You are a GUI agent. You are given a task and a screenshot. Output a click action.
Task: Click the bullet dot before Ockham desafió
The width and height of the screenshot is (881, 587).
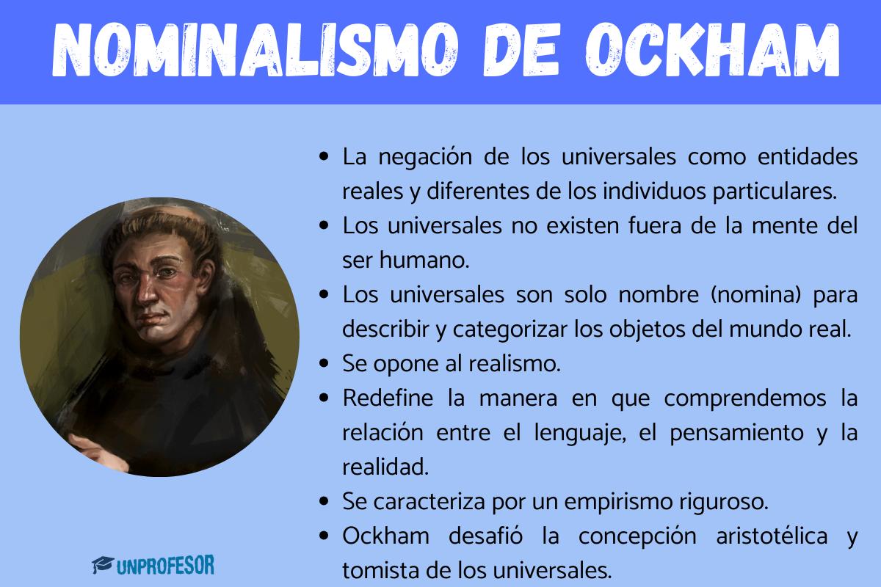325,536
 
